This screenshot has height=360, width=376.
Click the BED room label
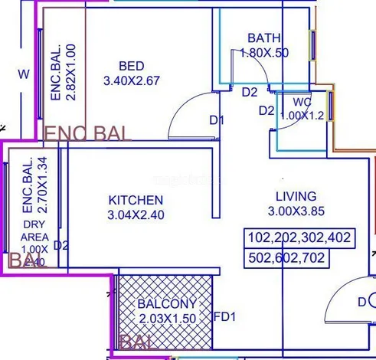132,65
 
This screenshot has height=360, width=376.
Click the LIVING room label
296,197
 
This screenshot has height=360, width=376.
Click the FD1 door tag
224,315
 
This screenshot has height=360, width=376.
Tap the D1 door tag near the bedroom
217,120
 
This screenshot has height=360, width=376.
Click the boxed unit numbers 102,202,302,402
299,238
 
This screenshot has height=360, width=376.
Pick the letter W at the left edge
24,74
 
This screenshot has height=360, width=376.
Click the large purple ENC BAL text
88,133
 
